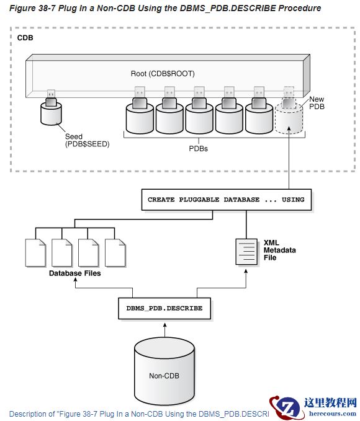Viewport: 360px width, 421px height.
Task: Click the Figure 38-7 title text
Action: coord(165,8)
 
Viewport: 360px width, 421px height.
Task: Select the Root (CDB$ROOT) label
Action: coord(163,73)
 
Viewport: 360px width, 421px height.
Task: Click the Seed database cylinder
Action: coord(52,113)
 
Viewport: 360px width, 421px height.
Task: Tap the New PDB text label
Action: coord(316,103)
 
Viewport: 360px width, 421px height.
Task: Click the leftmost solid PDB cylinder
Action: coord(140,118)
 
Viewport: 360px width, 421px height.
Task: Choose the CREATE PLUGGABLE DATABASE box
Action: coord(226,200)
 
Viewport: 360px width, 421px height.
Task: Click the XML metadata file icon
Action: coord(245,251)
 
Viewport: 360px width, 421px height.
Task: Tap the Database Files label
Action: coord(75,273)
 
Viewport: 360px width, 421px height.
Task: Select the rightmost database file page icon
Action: coord(115,252)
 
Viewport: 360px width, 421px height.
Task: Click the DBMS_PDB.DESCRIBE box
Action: coord(164,308)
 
